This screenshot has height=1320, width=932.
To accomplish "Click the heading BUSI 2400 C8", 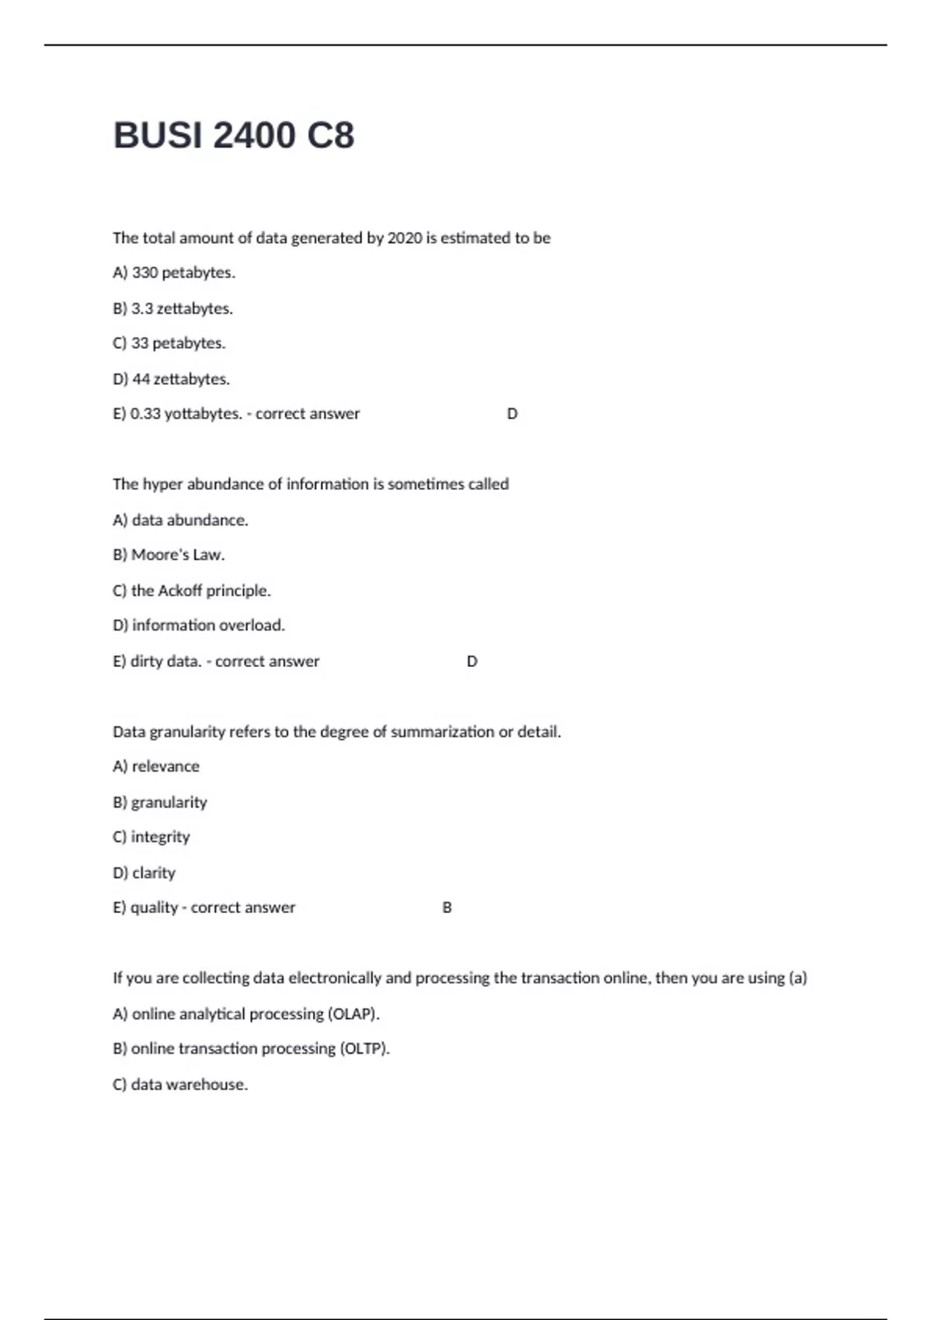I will coord(234,136).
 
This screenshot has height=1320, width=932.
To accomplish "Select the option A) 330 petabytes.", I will coord(174,273).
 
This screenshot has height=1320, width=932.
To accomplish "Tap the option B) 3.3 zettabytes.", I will coord(172,308).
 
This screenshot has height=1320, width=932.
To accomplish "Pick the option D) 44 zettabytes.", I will coord(171,379).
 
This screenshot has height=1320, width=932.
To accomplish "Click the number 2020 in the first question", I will coord(404,238).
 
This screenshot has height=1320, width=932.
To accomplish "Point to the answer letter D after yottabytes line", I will coord(512,414).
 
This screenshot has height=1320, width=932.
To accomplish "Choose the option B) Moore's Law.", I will coord(169,554).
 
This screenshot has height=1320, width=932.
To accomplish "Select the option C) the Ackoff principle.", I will coord(192,590).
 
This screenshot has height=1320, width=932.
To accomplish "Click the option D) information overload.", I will coord(199,625).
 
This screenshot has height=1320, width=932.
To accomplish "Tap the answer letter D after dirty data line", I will coord(471,662).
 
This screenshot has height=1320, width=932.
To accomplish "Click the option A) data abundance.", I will coord(180,519).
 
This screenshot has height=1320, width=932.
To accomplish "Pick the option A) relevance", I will coord(156,766).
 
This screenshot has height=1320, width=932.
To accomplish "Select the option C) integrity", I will coord(151,836).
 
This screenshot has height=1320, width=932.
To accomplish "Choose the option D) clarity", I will coord(144,873).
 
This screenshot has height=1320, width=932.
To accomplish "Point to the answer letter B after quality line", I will coord(447,908).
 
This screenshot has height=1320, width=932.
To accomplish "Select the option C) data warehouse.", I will coord(180,1084).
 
